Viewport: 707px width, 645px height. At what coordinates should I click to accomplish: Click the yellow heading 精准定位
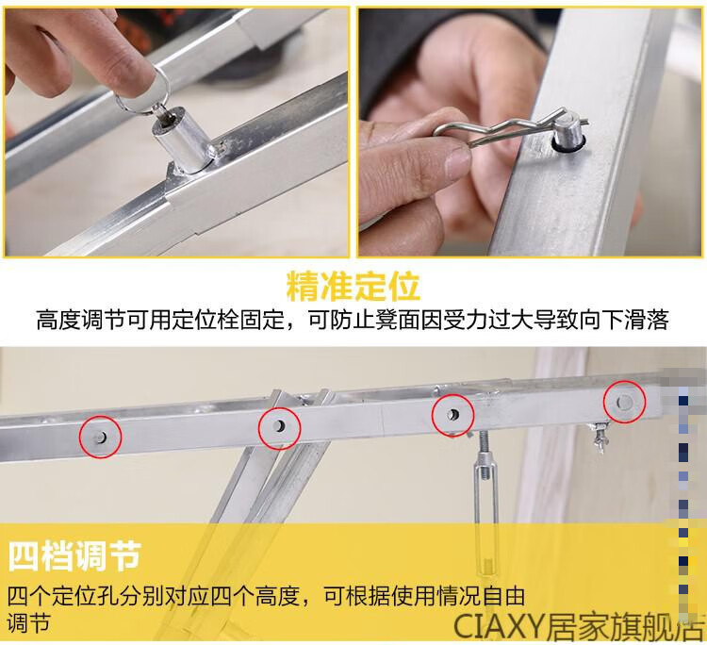(353, 286)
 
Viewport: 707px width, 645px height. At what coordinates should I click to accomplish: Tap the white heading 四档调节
(74, 556)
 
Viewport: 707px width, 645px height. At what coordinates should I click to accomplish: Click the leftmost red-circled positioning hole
(101, 437)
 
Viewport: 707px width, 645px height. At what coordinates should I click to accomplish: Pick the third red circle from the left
(452, 415)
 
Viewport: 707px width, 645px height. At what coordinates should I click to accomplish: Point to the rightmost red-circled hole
(625, 401)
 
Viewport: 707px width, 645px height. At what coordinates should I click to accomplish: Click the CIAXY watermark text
(499, 625)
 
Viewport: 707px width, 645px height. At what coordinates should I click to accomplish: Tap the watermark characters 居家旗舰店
(625, 625)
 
